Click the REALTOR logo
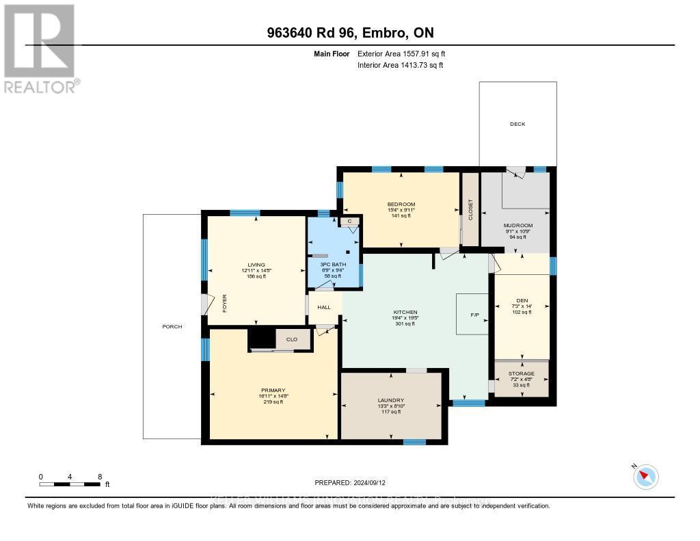coord(40,48)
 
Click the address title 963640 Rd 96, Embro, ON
coord(350,33)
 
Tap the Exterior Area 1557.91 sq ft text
coord(401,53)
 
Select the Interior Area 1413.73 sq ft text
coord(400,65)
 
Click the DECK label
coord(517,124)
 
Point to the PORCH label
coord(172,326)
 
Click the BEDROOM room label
coord(401,204)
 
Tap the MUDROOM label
coord(517,225)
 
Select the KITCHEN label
coord(405,312)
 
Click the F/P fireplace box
coord(474,315)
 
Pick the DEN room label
coord(522,300)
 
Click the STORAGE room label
coord(522,373)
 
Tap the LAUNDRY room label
coord(391,400)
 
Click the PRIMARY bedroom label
coord(272,390)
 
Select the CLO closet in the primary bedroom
coord(291,339)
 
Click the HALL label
coord(324,307)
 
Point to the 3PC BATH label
coord(333,264)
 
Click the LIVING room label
coord(256,265)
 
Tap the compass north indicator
coord(645,476)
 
